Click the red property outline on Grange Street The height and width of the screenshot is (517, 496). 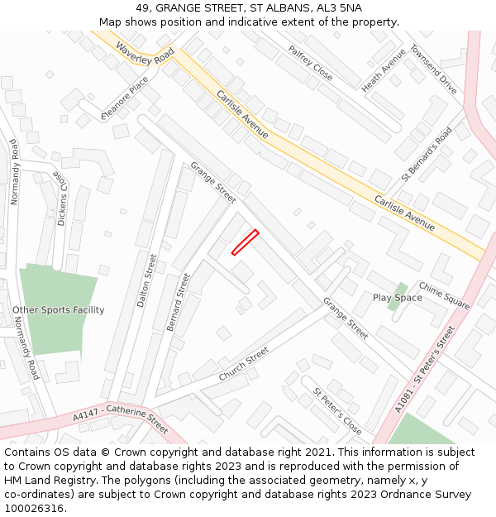click(x=245, y=242)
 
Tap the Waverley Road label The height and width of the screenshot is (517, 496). click(x=145, y=59)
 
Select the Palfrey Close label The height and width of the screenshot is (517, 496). click(x=310, y=63)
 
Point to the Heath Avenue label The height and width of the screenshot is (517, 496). click(x=384, y=69)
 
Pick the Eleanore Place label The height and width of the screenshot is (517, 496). click(x=125, y=98)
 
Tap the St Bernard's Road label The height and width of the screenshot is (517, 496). click(x=427, y=154)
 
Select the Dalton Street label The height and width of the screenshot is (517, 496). click(x=146, y=280)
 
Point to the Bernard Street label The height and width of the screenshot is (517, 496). click(x=179, y=302)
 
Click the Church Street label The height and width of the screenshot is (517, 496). click(x=244, y=364)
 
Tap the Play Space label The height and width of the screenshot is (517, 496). click(x=397, y=298)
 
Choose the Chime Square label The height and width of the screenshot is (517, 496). click(x=444, y=295)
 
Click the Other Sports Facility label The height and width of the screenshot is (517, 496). click(x=59, y=310)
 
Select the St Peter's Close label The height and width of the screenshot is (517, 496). click(x=336, y=410)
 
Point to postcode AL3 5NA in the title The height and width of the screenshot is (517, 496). click(x=339, y=8)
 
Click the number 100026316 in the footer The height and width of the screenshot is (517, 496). click(x=34, y=509)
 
